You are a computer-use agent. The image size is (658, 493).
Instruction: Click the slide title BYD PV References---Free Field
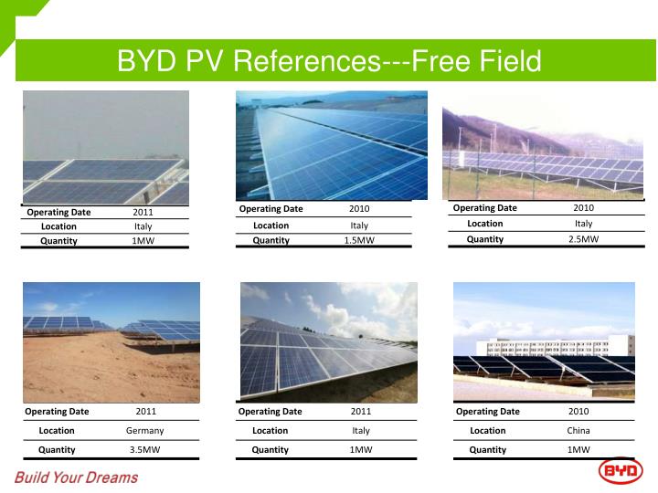point(329,61)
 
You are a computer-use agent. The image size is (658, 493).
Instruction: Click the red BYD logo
point(621,470)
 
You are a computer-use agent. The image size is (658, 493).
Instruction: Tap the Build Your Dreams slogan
point(76,477)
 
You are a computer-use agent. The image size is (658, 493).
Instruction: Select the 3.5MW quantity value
point(144,449)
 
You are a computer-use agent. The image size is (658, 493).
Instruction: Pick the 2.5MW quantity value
point(583,239)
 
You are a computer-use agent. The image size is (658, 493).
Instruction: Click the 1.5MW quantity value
point(359,240)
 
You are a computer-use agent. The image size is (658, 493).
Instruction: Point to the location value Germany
point(144,430)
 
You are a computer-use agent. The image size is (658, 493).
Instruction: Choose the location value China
point(578,430)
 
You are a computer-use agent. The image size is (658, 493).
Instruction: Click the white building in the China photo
point(548,346)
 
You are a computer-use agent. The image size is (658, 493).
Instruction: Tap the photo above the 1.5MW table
point(331,144)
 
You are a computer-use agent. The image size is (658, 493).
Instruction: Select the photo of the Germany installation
point(111,341)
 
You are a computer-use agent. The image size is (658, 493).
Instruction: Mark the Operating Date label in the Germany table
point(57,412)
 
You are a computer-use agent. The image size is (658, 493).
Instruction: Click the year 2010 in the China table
point(578,412)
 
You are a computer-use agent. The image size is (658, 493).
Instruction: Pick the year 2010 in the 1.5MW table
point(359,209)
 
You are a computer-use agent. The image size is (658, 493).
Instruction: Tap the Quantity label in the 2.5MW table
point(484,239)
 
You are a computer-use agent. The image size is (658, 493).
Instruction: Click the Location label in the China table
point(487,430)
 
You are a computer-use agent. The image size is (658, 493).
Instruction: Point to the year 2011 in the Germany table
point(145,412)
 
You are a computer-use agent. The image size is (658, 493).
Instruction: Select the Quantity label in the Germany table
point(57,449)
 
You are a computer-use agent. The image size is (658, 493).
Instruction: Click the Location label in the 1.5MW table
point(271,226)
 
